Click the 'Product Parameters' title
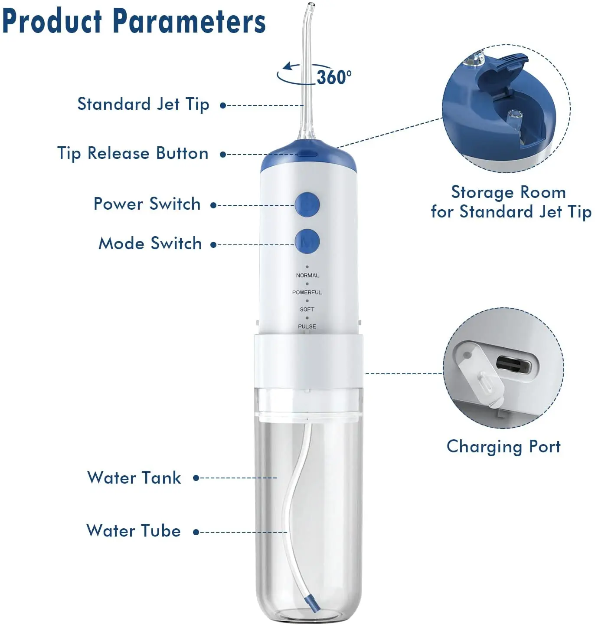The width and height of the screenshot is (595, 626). pyautogui.click(x=134, y=21)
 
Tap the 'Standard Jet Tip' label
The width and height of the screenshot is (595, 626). pyautogui.click(x=143, y=104)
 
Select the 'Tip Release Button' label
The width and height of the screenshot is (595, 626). pyautogui.click(x=133, y=153)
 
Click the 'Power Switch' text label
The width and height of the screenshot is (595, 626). pyautogui.click(x=147, y=204)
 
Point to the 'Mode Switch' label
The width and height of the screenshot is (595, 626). pyautogui.click(x=150, y=243)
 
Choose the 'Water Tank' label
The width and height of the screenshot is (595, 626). pyautogui.click(x=134, y=478)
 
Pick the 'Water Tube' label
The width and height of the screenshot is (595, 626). pyautogui.click(x=134, y=530)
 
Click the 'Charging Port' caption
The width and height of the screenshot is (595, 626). pyautogui.click(x=503, y=446)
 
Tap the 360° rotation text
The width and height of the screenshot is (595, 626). pyautogui.click(x=333, y=77)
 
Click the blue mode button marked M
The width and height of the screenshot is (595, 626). pyautogui.click(x=307, y=241)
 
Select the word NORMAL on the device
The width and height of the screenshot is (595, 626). pyautogui.click(x=307, y=275)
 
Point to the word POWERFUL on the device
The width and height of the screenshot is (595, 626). pyautogui.click(x=307, y=292)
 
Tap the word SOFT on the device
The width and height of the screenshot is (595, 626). pyautogui.click(x=307, y=309)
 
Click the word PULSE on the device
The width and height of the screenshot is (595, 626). pyautogui.click(x=307, y=326)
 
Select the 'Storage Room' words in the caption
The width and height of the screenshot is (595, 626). pyautogui.click(x=508, y=192)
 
